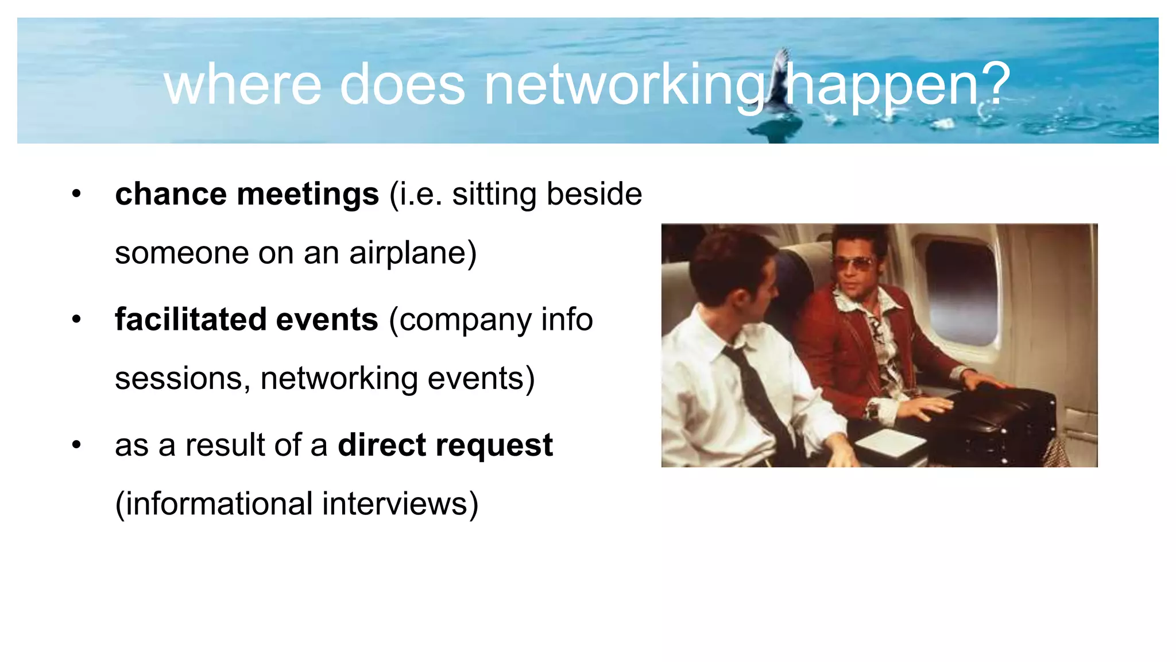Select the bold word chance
pyautogui.click(x=170, y=194)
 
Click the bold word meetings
pyautogui.click(x=308, y=194)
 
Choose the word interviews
pyautogui.click(x=399, y=504)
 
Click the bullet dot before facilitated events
pyautogui.click(x=77, y=320)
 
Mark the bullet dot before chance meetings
pyautogui.click(x=77, y=194)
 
